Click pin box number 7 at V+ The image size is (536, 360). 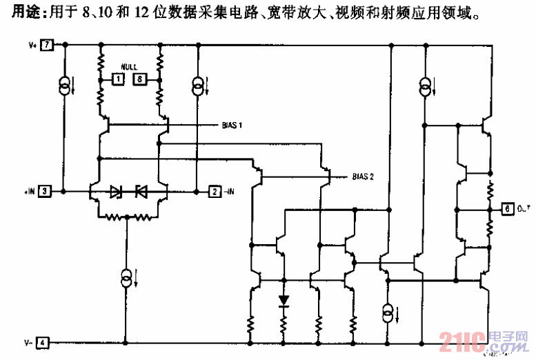(x=47, y=46)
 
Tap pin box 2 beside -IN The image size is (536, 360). (x=215, y=191)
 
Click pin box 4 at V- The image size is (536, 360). (x=43, y=342)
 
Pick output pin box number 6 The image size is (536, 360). (x=507, y=208)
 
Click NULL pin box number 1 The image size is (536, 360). (x=118, y=80)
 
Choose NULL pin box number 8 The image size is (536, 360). (x=140, y=80)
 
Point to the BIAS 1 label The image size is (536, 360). (x=232, y=125)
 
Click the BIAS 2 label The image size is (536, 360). (x=363, y=177)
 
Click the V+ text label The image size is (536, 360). (x=32, y=46)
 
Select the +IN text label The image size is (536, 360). (x=29, y=191)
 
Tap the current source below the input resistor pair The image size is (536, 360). (x=127, y=278)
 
